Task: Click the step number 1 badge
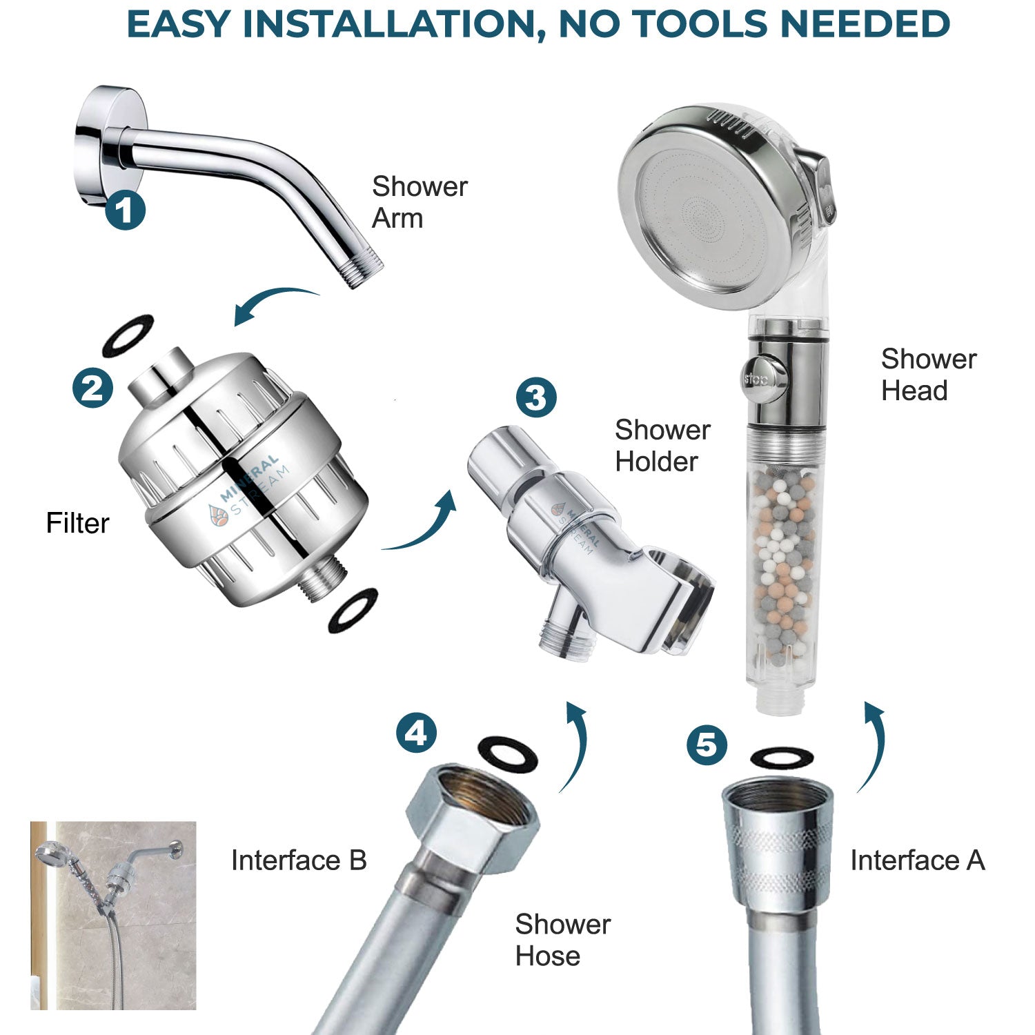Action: coord(125,210)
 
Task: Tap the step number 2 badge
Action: coord(92,388)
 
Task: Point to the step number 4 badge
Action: coord(416,733)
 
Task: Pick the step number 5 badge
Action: coord(707,745)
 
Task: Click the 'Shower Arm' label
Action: coord(419,202)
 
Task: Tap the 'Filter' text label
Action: coord(77,523)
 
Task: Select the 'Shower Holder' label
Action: coord(662,446)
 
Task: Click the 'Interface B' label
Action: coord(299,860)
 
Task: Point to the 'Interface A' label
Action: coord(917,860)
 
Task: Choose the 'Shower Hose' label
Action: coord(562,940)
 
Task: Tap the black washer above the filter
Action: coord(128,335)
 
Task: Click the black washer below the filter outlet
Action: coord(353,610)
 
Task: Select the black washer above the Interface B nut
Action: coord(507,755)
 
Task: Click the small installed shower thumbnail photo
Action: coord(113,915)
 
